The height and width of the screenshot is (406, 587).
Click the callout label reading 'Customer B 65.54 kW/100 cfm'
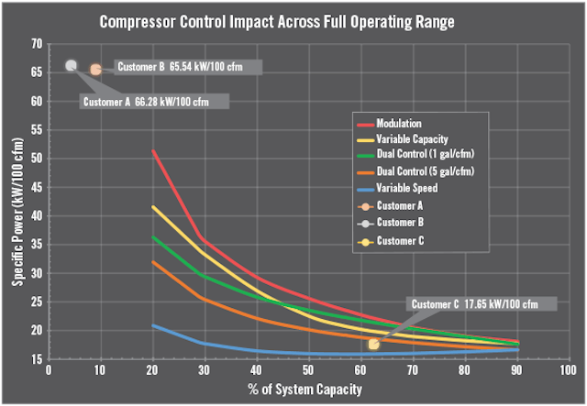click(x=188, y=67)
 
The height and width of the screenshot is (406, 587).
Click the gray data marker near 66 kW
click(x=72, y=65)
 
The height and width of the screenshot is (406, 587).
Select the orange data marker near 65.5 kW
click(x=95, y=69)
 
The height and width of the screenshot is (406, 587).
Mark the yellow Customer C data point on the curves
click(x=373, y=344)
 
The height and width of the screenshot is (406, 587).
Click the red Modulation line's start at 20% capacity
click(x=152, y=150)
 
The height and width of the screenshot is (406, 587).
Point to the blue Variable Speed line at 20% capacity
click(x=152, y=325)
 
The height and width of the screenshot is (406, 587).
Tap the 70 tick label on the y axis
click(x=36, y=44)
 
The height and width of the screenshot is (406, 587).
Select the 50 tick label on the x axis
click(x=307, y=369)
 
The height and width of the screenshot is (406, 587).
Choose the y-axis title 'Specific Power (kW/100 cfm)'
click(x=17, y=202)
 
